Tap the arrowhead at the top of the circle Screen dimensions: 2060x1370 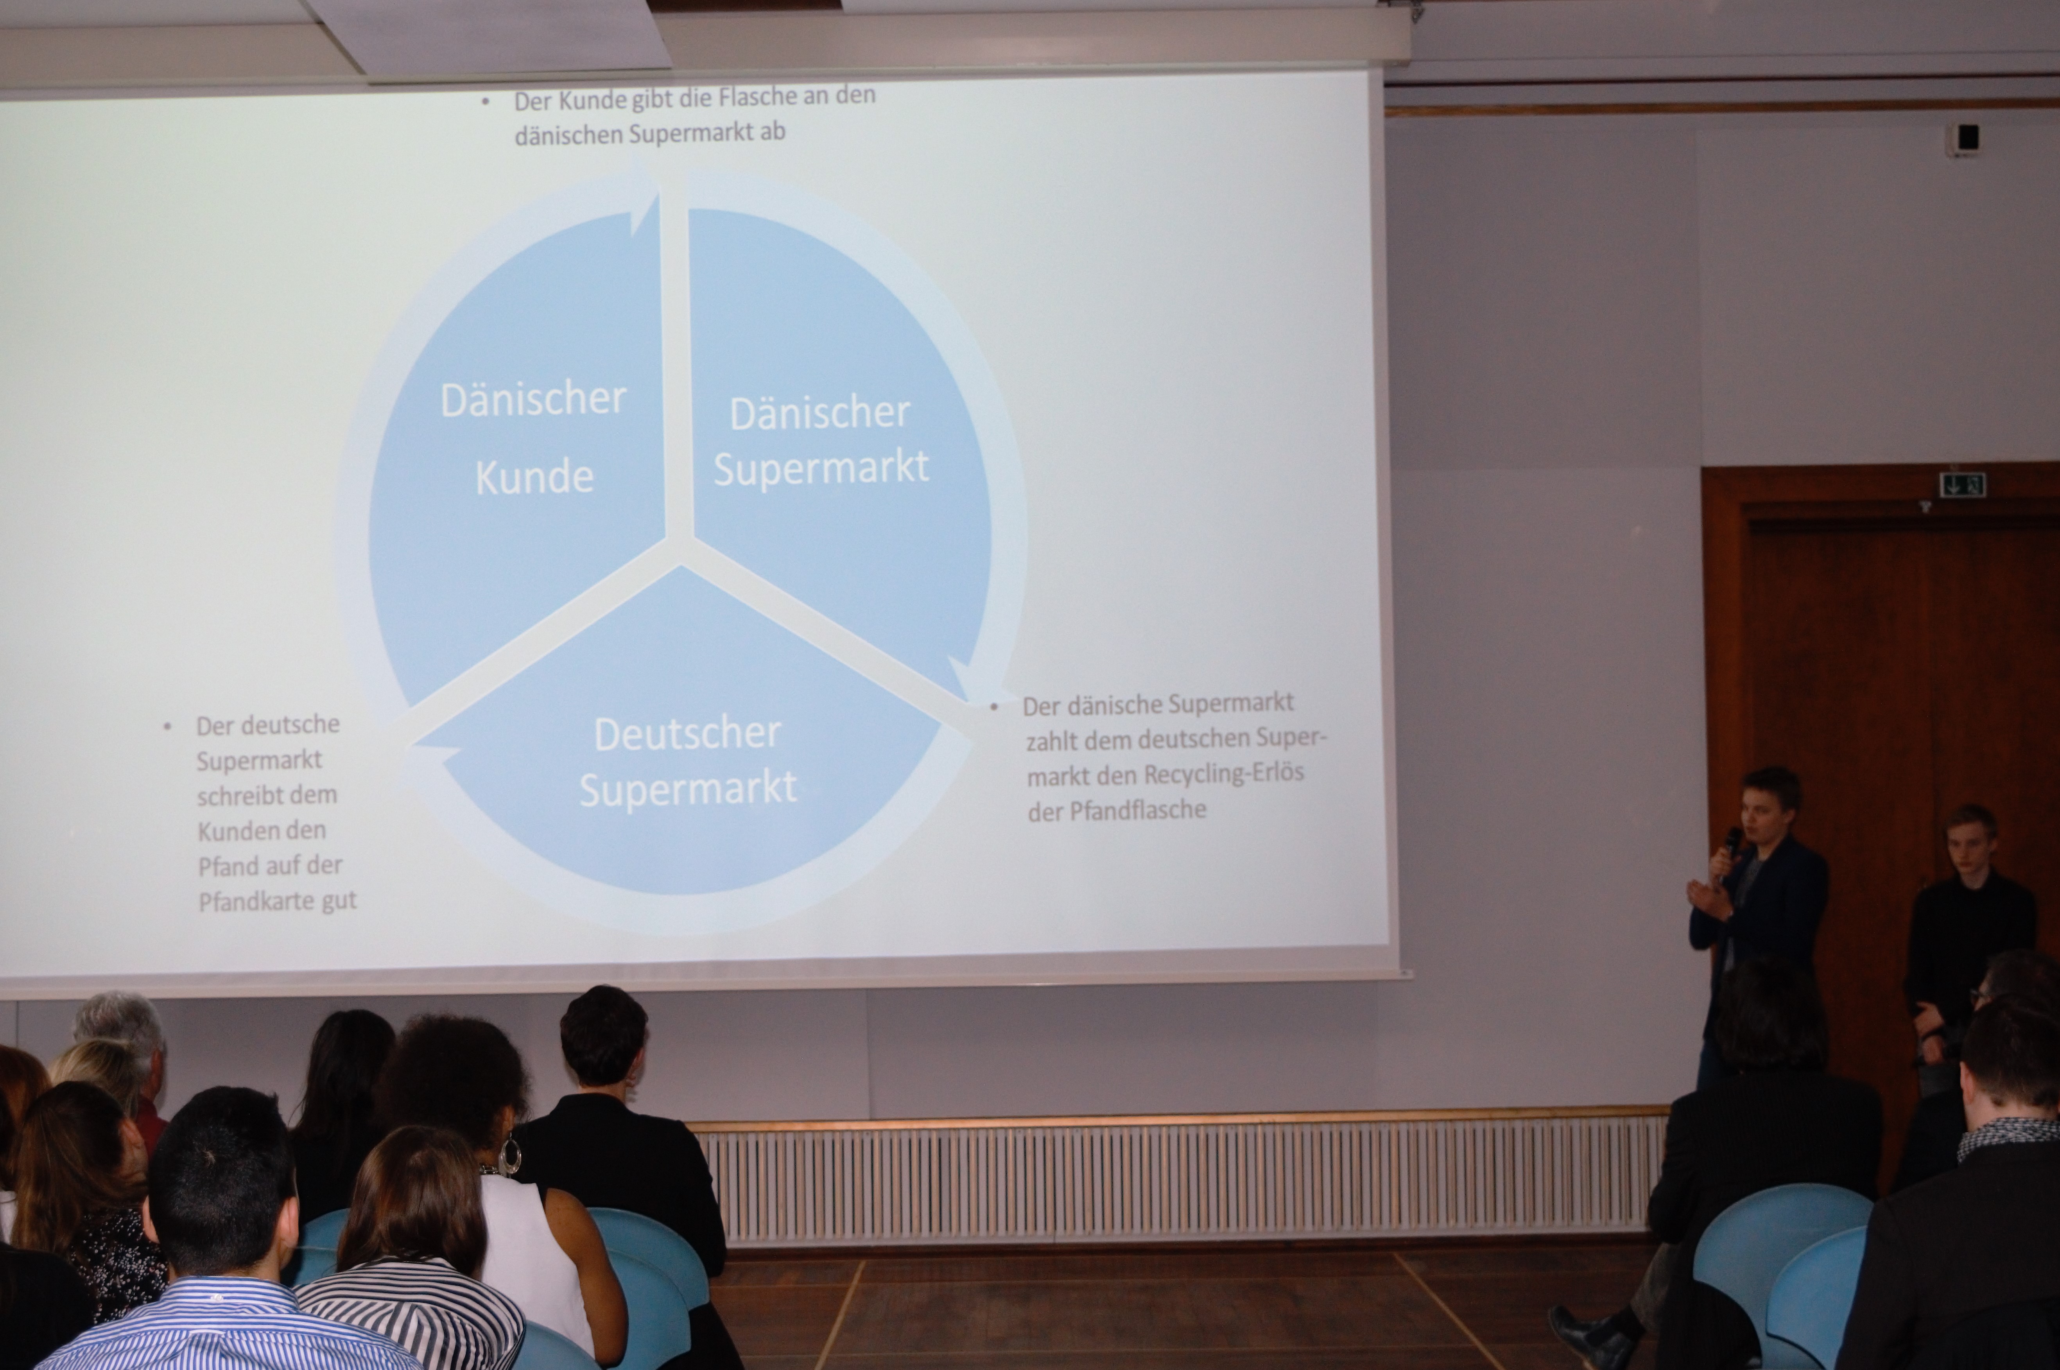click(x=645, y=199)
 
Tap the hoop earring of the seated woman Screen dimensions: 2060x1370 click(x=509, y=1155)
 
